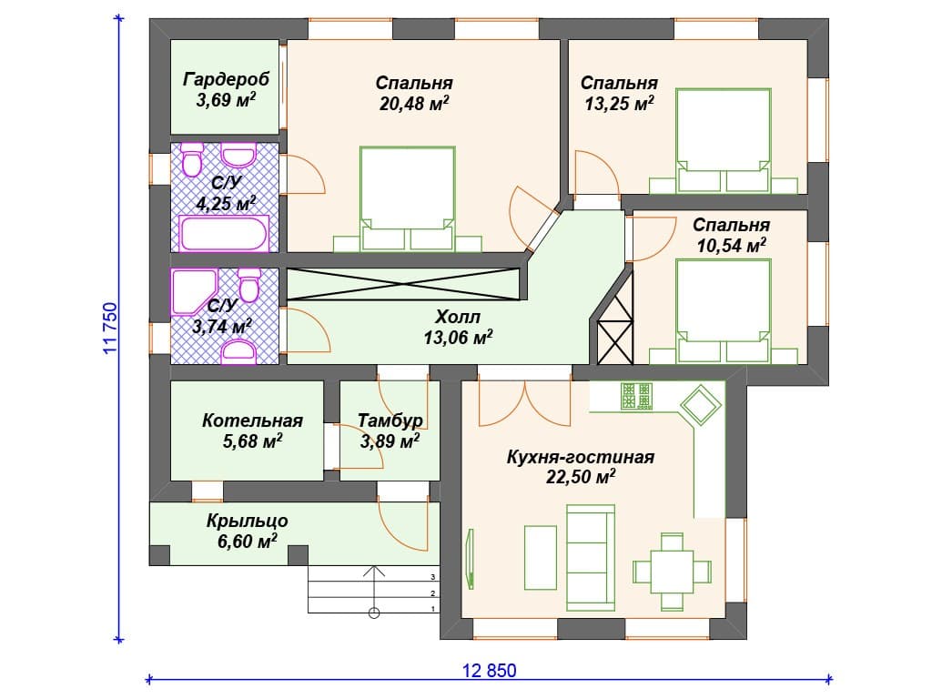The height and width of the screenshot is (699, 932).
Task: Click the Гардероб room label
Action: point(226,78)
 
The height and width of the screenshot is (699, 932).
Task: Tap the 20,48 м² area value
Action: point(414,104)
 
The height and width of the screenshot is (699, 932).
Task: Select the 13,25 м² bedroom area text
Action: point(619,104)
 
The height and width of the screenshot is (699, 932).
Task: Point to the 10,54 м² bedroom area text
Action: point(731,245)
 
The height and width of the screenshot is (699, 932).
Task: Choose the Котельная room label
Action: point(252,420)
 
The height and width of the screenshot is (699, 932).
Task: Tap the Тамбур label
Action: point(390,420)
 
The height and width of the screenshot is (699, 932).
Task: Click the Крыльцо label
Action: point(248,521)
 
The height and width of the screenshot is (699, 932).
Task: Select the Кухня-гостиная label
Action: point(580,457)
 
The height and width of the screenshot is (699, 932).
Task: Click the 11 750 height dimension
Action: point(111,328)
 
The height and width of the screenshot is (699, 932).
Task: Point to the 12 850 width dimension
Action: point(489,671)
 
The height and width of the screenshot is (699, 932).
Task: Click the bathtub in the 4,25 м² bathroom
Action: point(224,234)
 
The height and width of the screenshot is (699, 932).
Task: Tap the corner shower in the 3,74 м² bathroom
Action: point(194,292)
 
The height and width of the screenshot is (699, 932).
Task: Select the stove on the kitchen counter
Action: point(636,396)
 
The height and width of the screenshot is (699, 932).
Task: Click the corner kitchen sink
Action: point(700,405)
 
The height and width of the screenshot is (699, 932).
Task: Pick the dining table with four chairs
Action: point(672,572)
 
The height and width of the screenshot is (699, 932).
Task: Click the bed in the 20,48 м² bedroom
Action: point(407,198)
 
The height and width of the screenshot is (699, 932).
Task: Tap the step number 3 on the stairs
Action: point(432,577)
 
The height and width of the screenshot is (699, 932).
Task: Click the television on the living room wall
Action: point(471,559)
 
